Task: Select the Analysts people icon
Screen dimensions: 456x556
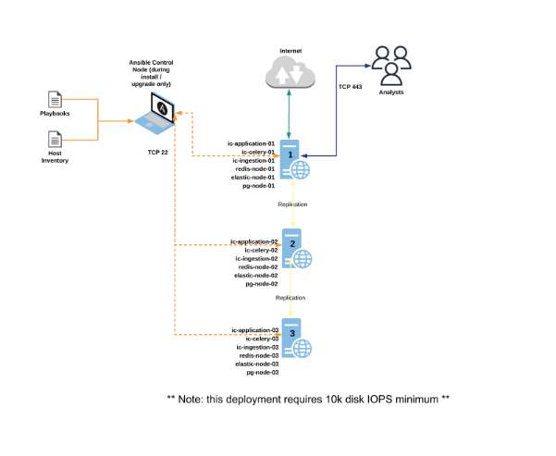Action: pyautogui.click(x=393, y=65)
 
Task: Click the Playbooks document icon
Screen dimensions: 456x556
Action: pyautogui.click(x=55, y=99)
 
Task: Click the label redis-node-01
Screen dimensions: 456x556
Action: pyautogui.click(x=256, y=168)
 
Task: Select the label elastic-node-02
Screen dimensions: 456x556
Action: pyautogui.click(x=256, y=275)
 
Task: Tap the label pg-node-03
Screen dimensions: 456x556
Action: pyautogui.click(x=262, y=372)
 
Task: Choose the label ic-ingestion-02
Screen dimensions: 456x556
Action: pyautogui.click(x=256, y=258)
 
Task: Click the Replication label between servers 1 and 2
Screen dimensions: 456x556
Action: pyautogui.click(x=291, y=203)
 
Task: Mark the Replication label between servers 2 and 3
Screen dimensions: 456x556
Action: pyautogui.click(x=291, y=298)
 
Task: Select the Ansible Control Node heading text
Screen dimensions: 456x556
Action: pyautogui.click(x=154, y=70)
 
